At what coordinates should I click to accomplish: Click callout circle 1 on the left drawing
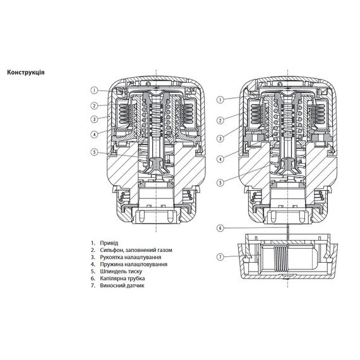(x=93, y=90)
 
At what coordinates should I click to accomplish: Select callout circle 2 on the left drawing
(x=93, y=105)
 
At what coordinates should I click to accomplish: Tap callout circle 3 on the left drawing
(x=93, y=119)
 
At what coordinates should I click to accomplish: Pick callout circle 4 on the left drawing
(x=93, y=133)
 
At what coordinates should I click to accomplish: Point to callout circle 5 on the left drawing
(x=93, y=152)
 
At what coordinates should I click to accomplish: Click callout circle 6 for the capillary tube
(x=219, y=227)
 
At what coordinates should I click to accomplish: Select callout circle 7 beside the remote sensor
(x=219, y=256)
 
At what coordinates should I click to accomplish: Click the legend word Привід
(x=109, y=243)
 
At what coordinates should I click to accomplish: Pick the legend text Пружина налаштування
(x=131, y=265)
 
